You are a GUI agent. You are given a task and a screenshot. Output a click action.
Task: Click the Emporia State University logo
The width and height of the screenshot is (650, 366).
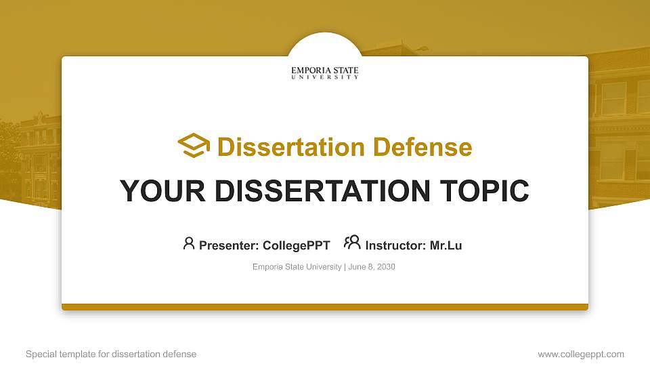coord(325,73)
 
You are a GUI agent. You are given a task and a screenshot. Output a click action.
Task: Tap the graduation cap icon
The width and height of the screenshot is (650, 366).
coord(194,146)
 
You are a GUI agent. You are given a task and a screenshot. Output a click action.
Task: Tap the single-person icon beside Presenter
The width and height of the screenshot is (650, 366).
coord(189,243)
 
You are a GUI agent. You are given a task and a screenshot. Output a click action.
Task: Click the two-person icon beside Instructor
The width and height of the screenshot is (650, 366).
coord(352,243)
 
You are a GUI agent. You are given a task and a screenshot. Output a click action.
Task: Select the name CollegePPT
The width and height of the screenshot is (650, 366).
coord(296,245)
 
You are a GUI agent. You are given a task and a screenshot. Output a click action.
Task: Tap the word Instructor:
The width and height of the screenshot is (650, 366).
coord(395,245)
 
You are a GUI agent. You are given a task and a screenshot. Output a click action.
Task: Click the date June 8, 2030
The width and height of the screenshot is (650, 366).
coord(372,267)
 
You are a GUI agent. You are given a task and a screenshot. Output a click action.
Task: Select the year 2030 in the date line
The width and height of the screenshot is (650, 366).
coord(386,267)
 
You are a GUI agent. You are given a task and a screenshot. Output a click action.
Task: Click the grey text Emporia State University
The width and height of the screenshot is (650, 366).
coord(297,267)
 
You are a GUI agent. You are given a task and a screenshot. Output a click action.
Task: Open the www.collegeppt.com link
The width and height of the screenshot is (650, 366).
coord(581,354)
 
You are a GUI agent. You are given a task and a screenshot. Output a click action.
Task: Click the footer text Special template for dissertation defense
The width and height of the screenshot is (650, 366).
coord(111,354)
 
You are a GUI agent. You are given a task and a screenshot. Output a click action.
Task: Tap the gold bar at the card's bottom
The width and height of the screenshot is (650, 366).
coord(325,307)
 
